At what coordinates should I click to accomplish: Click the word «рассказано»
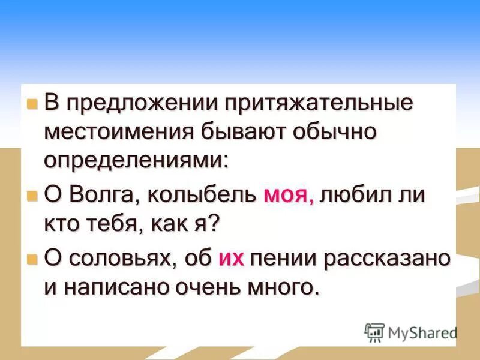click(384, 258)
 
